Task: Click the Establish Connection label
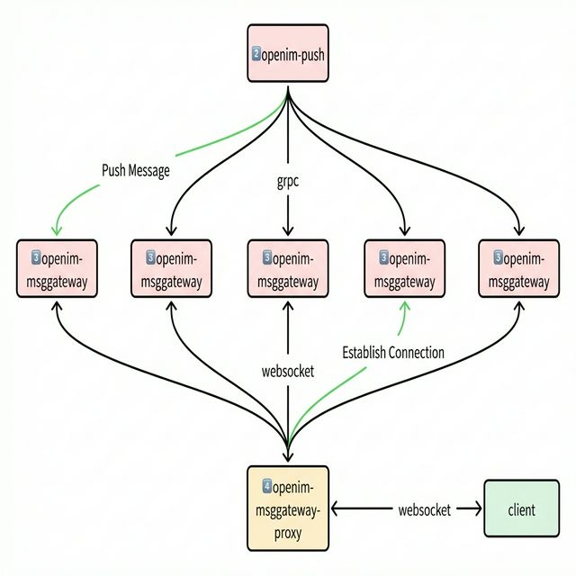coord(393,353)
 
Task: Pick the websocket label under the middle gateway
coord(287,371)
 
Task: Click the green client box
coord(521,509)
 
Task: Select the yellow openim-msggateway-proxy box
coord(287,508)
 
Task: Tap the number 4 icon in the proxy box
coord(267,487)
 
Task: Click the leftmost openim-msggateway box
coord(57,269)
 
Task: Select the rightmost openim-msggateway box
coord(519,269)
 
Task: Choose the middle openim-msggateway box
coord(287,269)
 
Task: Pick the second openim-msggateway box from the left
coord(172,269)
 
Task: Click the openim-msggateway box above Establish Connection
coord(403,269)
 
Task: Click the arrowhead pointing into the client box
coord(476,509)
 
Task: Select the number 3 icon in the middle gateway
coord(267,258)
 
